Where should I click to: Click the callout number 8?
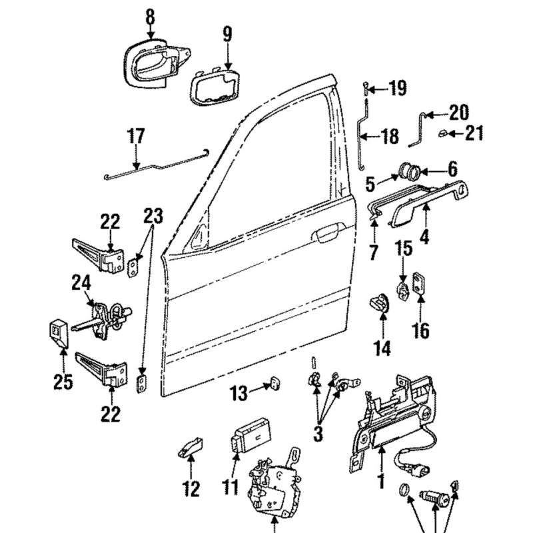click(x=150, y=17)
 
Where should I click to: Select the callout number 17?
click(x=136, y=136)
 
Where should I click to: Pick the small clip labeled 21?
click(x=442, y=133)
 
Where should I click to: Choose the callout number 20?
click(x=458, y=112)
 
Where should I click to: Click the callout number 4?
click(x=424, y=235)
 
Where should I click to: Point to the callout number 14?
click(x=382, y=347)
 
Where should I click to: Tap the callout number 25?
click(x=63, y=381)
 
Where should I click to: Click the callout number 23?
click(x=153, y=216)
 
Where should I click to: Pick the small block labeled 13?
click(x=274, y=383)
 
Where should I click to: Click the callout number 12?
click(x=191, y=489)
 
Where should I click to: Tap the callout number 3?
click(x=318, y=434)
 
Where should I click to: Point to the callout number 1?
click(x=381, y=481)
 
